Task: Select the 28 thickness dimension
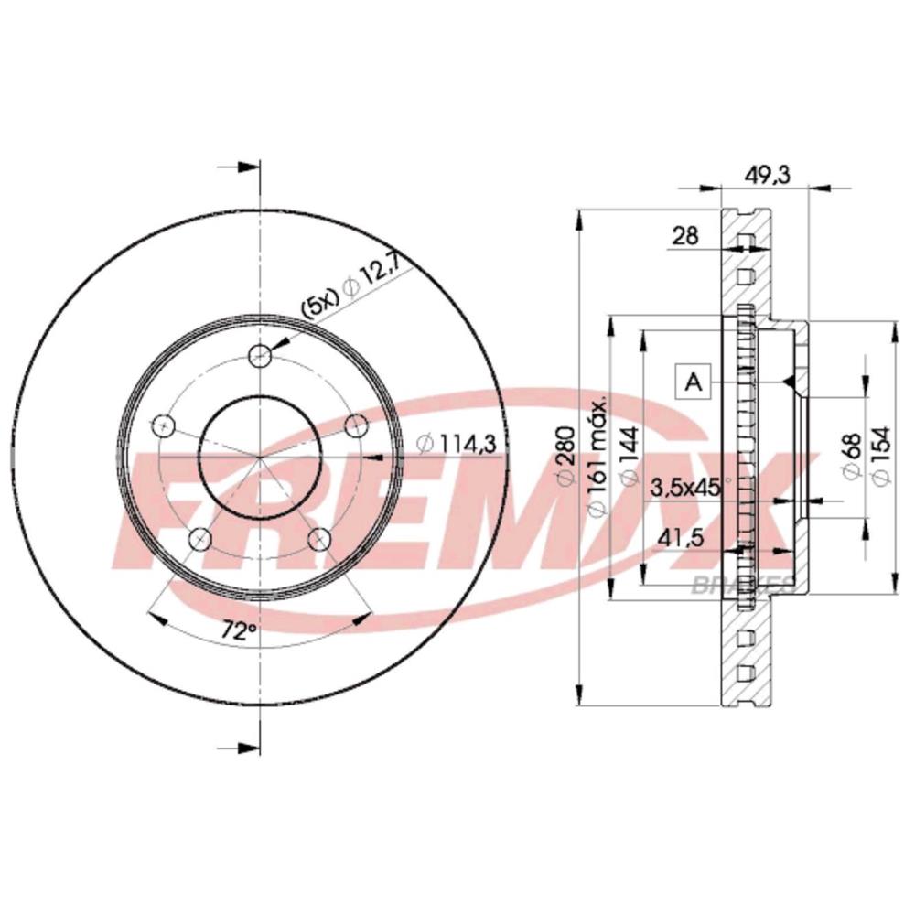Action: [x=684, y=235]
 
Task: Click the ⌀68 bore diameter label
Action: [x=850, y=456]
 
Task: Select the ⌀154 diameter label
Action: [x=881, y=455]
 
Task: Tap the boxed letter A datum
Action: [x=693, y=381]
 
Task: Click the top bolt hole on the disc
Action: [x=262, y=355]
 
